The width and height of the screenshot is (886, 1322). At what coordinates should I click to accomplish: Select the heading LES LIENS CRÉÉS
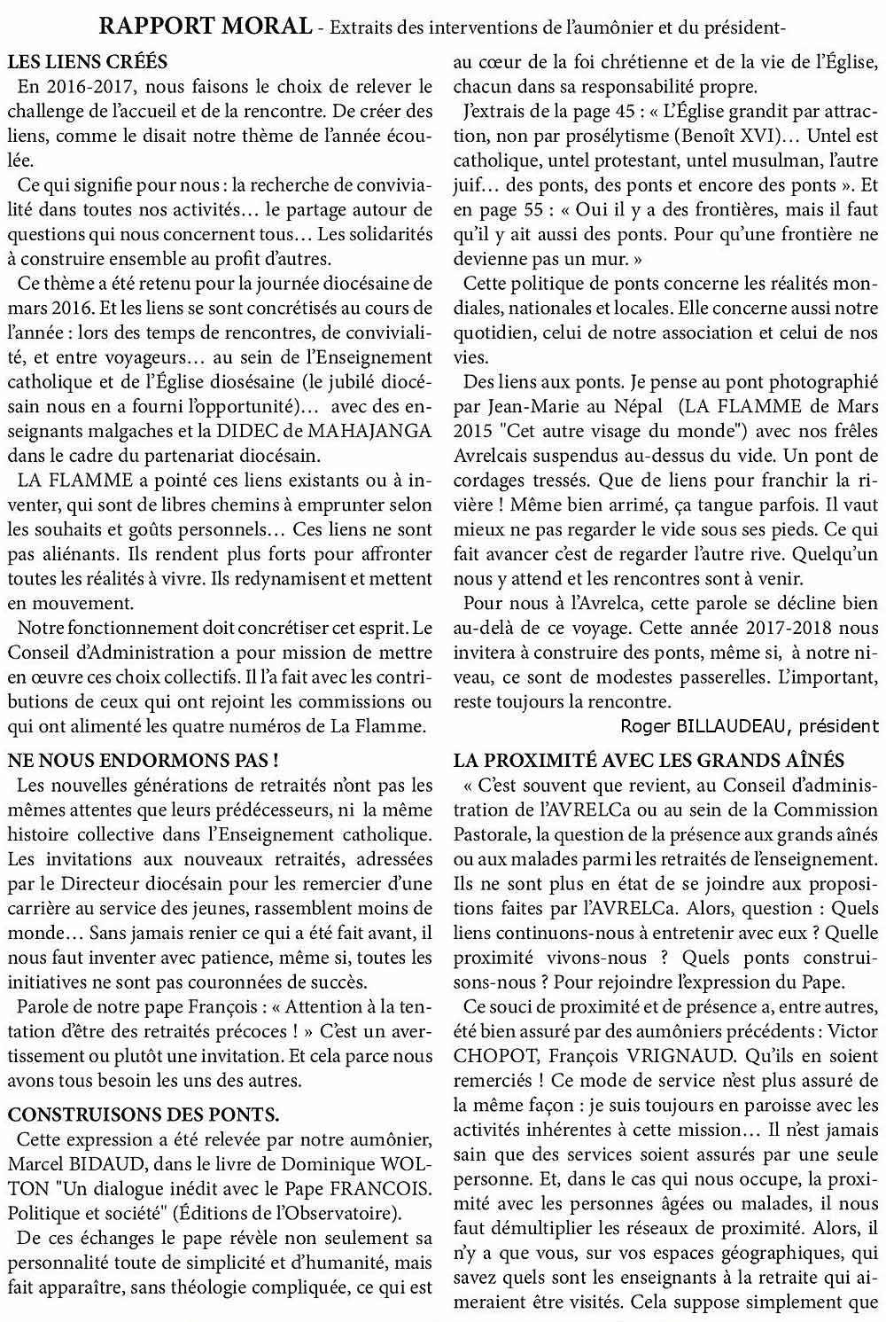click(88, 63)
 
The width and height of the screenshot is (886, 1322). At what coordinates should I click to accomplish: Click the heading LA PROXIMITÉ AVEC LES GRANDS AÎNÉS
click(649, 760)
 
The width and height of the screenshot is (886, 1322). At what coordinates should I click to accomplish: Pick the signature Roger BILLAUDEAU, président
click(750, 726)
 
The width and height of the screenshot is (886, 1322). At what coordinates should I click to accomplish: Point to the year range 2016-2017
click(87, 87)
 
